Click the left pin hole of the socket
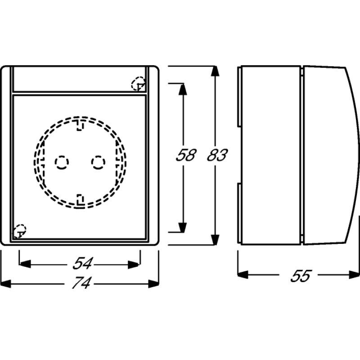pos(61,162)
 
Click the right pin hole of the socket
pos(98,162)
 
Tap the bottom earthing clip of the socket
pos(80,199)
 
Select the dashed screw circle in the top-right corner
pos(138,84)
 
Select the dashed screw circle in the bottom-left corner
pos(19,231)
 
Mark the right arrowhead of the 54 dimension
pos(135,263)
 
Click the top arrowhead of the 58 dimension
pos(182,89)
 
